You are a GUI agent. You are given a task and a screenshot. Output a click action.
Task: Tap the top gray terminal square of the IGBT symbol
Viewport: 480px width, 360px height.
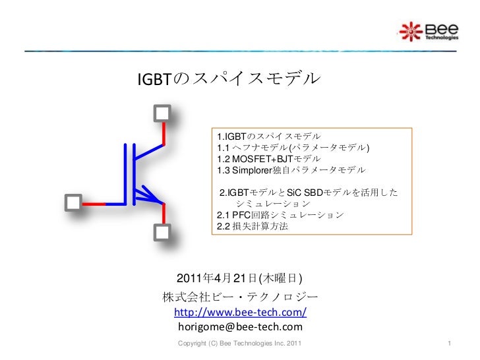click(163, 113)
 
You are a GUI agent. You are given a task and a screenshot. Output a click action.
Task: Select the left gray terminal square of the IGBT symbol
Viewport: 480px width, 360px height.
click(74, 202)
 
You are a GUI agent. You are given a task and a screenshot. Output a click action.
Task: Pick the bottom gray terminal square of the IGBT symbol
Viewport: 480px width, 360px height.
click(163, 233)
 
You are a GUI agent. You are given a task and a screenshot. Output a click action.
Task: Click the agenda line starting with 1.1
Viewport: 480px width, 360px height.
click(293, 147)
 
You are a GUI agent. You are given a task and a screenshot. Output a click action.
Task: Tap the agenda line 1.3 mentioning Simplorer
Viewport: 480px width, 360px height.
click(290, 170)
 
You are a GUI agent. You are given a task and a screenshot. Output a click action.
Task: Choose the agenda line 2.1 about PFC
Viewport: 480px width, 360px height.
click(280, 216)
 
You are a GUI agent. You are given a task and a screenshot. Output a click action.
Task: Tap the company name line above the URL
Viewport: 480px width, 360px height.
click(239, 295)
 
